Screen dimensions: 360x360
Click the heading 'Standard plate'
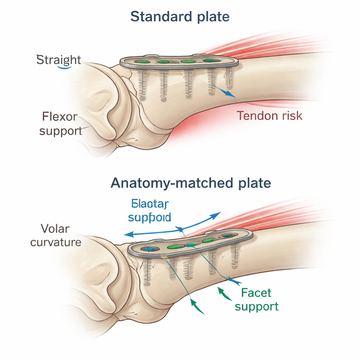click(x=180, y=17)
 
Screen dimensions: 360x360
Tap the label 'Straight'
click(x=59, y=60)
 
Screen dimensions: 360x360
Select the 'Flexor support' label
click(x=60, y=123)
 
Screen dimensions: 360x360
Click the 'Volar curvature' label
click(x=56, y=235)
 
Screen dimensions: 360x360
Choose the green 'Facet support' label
click(x=257, y=299)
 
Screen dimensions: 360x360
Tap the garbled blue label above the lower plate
click(x=150, y=211)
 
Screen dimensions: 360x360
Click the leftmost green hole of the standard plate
click(x=143, y=62)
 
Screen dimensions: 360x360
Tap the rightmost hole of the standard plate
click(x=210, y=61)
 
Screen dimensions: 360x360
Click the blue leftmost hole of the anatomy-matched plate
click(x=147, y=249)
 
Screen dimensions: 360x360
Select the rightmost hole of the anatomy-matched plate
click(x=226, y=236)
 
